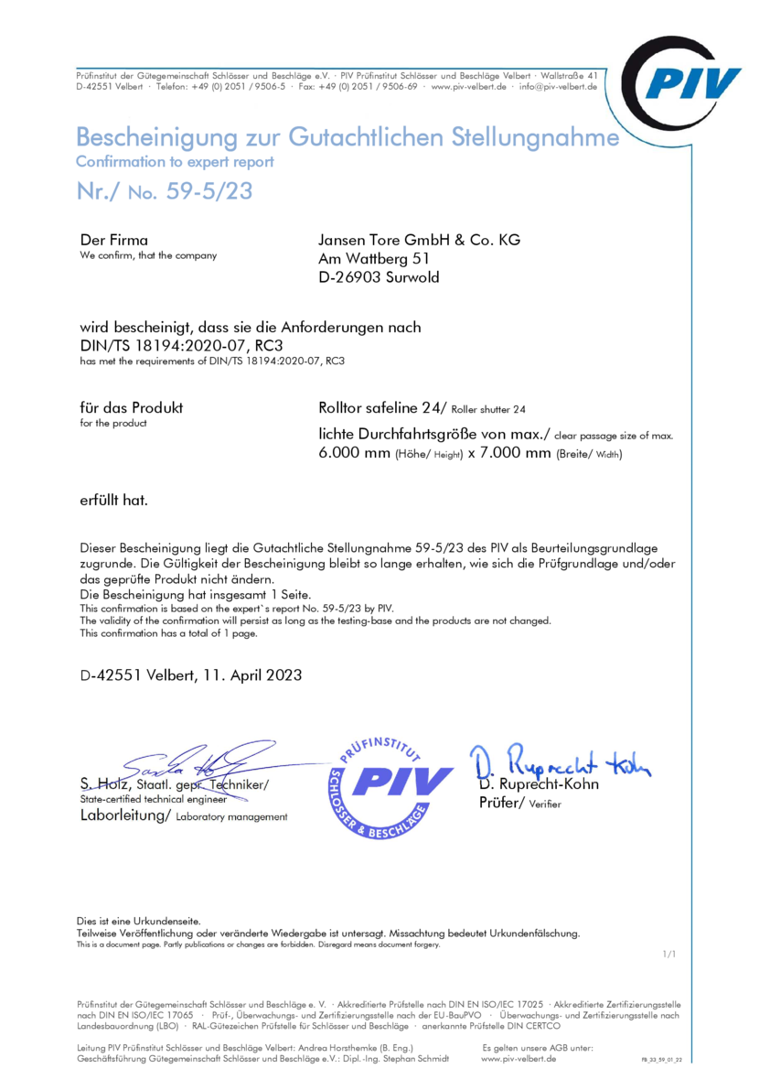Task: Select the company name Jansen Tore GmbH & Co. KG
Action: point(419,240)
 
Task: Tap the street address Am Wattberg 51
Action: point(368,258)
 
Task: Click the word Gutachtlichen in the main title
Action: point(366,137)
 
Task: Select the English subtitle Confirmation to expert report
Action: point(175,162)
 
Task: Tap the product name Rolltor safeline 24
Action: point(379,407)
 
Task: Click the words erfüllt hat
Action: point(114,501)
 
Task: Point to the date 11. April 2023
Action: point(245,675)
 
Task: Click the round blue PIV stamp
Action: point(390,786)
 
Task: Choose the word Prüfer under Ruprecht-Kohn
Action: point(499,803)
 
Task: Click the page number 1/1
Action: point(668,955)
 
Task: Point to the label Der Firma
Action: point(114,240)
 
